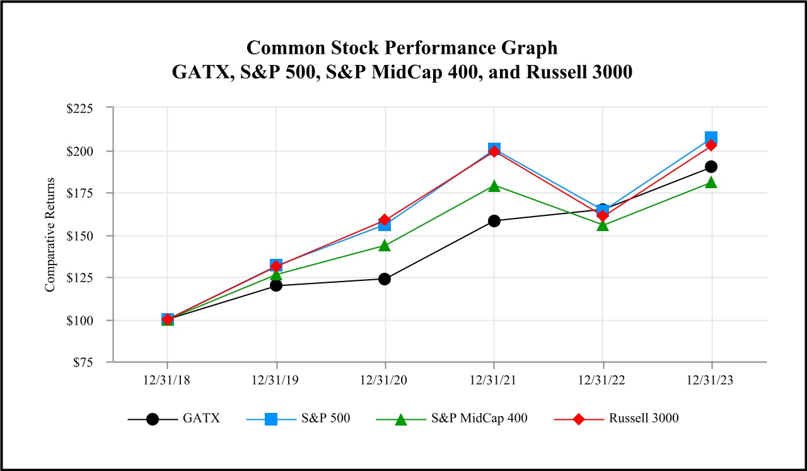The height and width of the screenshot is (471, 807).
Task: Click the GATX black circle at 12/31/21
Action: pyautogui.click(x=494, y=221)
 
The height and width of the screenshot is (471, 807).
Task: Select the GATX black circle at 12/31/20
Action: pyautogui.click(x=385, y=278)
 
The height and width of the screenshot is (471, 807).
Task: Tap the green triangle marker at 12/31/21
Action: pyautogui.click(x=494, y=186)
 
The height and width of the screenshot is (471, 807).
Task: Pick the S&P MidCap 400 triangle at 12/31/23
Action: pyautogui.click(x=712, y=182)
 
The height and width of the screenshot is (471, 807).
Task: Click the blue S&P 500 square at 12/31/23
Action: pyautogui.click(x=712, y=138)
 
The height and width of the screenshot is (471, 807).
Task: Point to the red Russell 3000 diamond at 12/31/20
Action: pyautogui.click(x=385, y=220)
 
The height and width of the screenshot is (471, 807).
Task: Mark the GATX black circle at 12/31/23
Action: pyautogui.click(x=712, y=167)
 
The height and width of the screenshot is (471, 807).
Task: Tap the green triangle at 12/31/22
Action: pyautogui.click(x=603, y=225)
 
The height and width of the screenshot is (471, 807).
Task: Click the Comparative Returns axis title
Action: pyautogui.click(x=50, y=235)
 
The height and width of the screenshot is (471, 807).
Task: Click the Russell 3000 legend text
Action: pyautogui.click(x=644, y=418)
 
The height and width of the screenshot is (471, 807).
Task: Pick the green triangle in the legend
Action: pyautogui.click(x=401, y=419)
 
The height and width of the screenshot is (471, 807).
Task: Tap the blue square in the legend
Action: pyautogui.click(x=271, y=419)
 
